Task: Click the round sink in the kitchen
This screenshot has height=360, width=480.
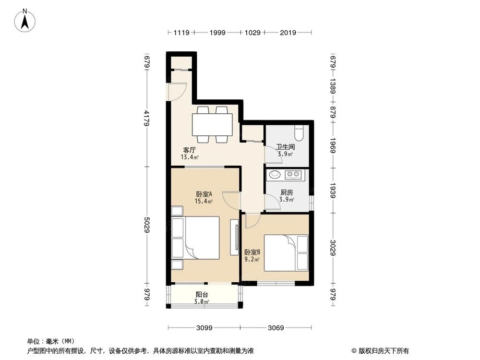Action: (x=275, y=174)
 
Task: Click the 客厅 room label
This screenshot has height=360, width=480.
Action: (x=189, y=149)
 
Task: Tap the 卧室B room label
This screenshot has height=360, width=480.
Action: (x=252, y=252)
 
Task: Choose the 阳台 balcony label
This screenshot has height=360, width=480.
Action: (x=202, y=295)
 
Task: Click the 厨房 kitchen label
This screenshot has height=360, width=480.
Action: (x=287, y=192)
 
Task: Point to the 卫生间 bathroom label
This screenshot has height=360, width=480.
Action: (x=285, y=147)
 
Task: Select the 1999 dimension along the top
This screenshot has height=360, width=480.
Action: (x=217, y=33)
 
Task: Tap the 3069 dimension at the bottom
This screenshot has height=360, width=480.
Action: (x=277, y=328)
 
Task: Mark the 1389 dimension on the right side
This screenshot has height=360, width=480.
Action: (x=333, y=88)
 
